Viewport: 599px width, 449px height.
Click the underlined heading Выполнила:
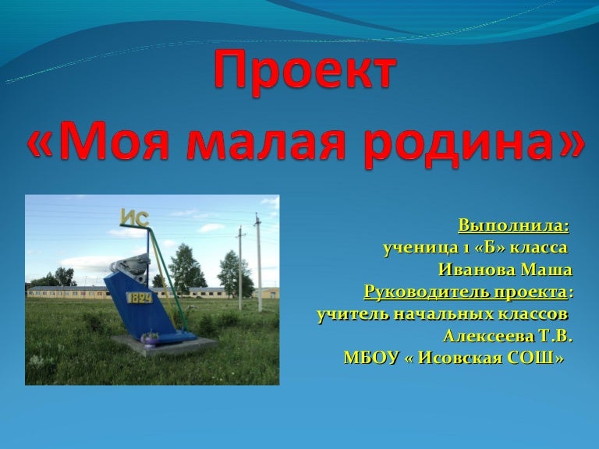513,227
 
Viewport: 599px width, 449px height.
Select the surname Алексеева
480,336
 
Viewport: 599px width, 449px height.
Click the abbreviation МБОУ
370,358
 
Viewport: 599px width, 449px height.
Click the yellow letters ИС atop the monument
134,219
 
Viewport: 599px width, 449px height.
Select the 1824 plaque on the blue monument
140,297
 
